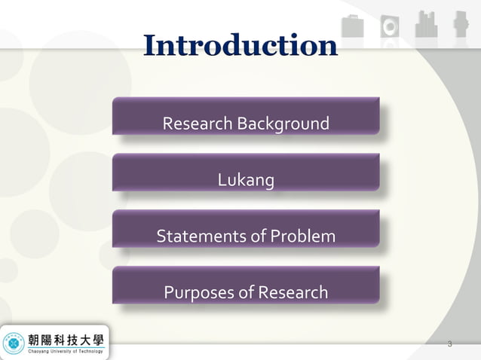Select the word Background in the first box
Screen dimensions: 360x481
click(x=283, y=124)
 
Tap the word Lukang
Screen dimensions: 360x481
click(x=246, y=180)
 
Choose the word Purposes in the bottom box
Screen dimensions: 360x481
click(x=198, y=292)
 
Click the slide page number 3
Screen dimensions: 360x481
click(x=449, y=345)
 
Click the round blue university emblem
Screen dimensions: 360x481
click(x=13, y=342)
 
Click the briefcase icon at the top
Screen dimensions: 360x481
click(x=351, y=24)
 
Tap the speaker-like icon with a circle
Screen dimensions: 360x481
click(x=390, y=24)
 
